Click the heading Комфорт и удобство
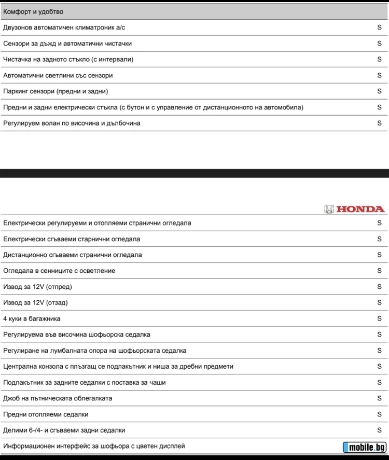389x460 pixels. pyautogui.click(x=33, y=11)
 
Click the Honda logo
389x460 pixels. pyautogui.click(x=354, y=209)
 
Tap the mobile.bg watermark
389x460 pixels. pyautogui.click(x=365, y=448)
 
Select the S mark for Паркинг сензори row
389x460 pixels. pyautogui.click(x=379, y=91)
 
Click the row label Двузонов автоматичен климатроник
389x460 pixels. pyautogui.click(x=64, y=27)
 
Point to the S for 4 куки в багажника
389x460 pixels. pyautogui.click(x=379, y=318)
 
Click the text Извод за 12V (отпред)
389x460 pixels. pyautogui.click(x=37, y=287)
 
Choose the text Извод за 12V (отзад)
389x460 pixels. pyautogui.click(x=35, y=302)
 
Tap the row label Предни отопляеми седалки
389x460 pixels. pyautogui.click(x=46, y=414)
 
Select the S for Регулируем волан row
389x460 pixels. pyautogui.click(x=379, y=123)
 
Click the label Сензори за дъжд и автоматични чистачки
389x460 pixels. pyautogui.click(x=67, y=44)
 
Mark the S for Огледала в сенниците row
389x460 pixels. pyautogui.click(x=379, y=271)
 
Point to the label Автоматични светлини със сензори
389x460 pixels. pyautogui.click(x=58, y=75)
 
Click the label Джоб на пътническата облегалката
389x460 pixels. pyautogui.click(x=58, y=398)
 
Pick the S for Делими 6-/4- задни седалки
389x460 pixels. pyautogui.click(x=379, y=430)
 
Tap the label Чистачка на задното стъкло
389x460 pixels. pyautogui.click(x=68, y=59)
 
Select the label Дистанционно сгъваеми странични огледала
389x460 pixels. pyautogui.click(x=73, y=255)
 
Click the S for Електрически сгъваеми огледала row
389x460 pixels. pyautogui.click(x=379, y=239)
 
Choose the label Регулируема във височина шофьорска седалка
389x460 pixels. pyautogui.click(x=77, y=334)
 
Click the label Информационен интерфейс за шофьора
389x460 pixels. pyautogui.click(x=94, y=446)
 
